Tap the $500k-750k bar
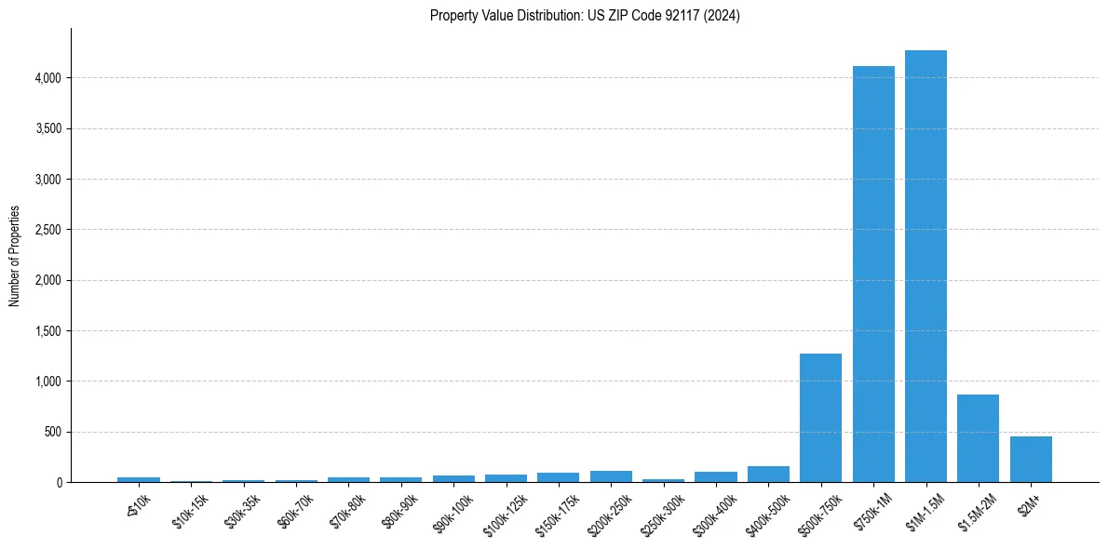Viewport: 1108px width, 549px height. click(820, 418)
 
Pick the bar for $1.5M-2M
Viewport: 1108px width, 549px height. click(978, 438)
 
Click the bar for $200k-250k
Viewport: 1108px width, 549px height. click(611, 476)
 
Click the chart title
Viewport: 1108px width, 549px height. click(585, 16)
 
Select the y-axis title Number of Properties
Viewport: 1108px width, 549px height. click(15, 256)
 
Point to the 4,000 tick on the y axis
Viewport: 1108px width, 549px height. click(48, 78)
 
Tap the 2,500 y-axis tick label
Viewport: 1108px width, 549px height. click(48, 230)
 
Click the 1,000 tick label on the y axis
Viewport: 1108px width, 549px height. click(48, 382)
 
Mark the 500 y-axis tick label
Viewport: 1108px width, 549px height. click(53, 432)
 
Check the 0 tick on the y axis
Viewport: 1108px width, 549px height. click(59, 483)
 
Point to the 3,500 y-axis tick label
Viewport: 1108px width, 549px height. click(48, 128)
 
